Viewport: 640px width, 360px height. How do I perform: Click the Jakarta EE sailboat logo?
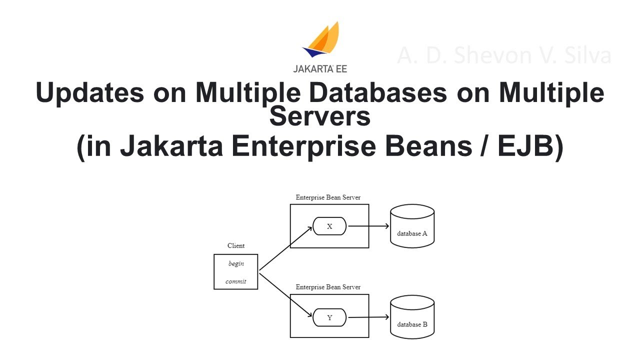click(321, 40)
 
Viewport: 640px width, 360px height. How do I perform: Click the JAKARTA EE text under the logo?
click(320, 69)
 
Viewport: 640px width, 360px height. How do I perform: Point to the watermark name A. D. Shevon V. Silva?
click(504, 55)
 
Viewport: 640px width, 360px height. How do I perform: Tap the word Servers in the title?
click(320, 116)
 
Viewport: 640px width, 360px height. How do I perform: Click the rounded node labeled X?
click(329, 226)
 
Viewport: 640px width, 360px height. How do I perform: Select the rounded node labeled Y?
click(329, 317)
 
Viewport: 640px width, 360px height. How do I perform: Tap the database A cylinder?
click(412, 226)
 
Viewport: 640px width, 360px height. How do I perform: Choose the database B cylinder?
click(412, 317)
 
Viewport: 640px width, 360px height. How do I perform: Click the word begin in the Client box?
click(236, 263)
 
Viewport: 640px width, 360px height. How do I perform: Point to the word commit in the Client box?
click(236, 281)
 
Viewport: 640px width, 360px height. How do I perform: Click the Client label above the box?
click(236, 245)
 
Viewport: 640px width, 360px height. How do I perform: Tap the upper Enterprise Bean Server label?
click(328, 197)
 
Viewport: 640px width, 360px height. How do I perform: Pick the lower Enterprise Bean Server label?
click(328, 287)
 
